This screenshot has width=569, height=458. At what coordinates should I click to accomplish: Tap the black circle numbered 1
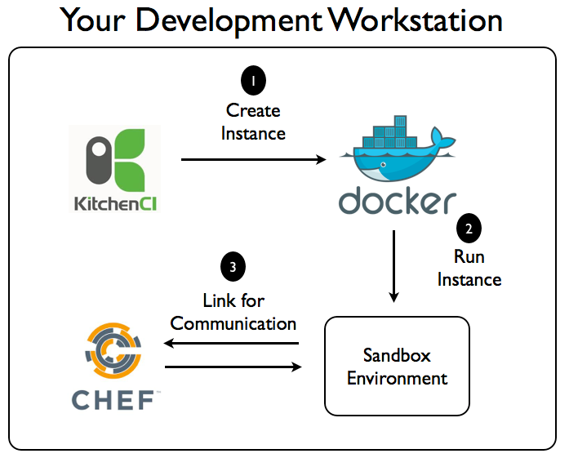[253, 82]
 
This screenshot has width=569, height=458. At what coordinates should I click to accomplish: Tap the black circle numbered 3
[233, 267]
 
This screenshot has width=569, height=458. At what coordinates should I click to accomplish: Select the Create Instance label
[253, 121]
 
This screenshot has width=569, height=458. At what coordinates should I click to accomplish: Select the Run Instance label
[469, 268]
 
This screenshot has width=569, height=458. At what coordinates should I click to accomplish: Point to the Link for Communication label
[233, 312]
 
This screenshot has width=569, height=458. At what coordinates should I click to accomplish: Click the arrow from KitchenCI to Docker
[253, 160]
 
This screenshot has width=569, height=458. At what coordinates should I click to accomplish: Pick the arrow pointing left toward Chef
[233, 344]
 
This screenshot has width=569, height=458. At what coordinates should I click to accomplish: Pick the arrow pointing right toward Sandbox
[233, 367]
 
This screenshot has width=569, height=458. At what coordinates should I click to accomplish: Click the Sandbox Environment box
[398, 367]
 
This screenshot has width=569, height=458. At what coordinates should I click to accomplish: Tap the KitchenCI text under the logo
[114, 202]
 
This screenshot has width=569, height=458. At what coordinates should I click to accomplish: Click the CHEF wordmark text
[114, 401]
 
